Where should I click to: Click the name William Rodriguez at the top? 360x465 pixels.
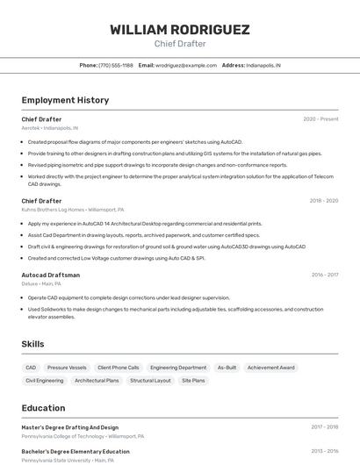point(180,30)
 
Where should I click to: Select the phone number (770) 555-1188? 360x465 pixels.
point(116,65)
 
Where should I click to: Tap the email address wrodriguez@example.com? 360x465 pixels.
point(186,65)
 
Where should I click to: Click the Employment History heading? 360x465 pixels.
point(65,100)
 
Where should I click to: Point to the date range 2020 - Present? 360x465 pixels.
point(320,119)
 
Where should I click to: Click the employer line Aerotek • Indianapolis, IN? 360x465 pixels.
point(50,128)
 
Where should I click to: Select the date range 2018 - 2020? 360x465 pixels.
point(323,201)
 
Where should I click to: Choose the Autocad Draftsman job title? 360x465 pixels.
point(51,275)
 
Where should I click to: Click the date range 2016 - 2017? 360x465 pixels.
point(324,275)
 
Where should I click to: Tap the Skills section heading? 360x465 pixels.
point(33,345)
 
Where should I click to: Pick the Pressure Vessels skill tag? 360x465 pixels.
point(67,368)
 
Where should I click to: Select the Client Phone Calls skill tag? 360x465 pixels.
point(119,368)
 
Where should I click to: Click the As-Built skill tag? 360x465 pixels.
point(227,368)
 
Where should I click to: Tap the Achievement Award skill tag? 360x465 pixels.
point(271,368)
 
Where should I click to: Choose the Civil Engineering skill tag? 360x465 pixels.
point(45,381)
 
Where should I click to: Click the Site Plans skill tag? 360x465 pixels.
point(193,381)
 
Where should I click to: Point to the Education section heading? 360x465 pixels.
point(44,408)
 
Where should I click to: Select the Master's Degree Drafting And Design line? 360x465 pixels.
point(70,427)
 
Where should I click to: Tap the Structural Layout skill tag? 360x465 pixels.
point(150,381)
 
